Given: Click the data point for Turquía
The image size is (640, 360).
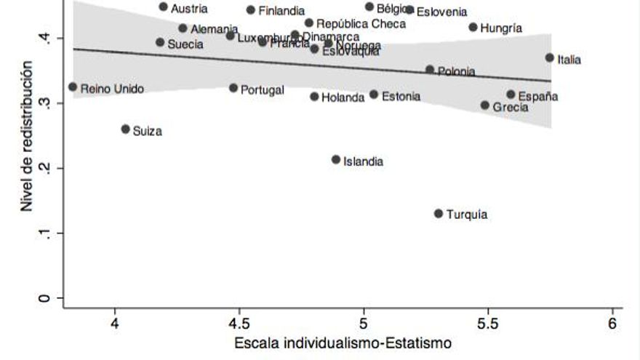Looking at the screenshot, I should pos(439,214).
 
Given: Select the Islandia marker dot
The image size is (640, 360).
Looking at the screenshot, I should pos(336,159).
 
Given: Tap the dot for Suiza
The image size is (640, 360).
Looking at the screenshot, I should pos(125,129).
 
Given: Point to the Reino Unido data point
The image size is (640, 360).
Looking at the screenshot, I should pos(73,87).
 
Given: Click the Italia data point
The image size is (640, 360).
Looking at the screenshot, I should pos(550,57).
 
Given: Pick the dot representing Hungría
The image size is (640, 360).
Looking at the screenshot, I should pos(473,27).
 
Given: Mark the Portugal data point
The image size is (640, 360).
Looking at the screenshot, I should pos(233,87).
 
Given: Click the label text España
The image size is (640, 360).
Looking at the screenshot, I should pos(538,97).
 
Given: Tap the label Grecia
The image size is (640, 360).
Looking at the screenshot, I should pos(511,107).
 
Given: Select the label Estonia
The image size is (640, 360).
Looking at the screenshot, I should pos(401,96).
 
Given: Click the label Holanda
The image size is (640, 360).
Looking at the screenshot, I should pos(343,97).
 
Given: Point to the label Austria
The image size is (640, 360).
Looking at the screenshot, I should pos(189,9).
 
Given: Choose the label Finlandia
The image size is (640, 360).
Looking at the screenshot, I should pos(281,11).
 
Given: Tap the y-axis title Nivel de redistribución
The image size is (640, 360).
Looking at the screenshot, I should pos(27,137).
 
